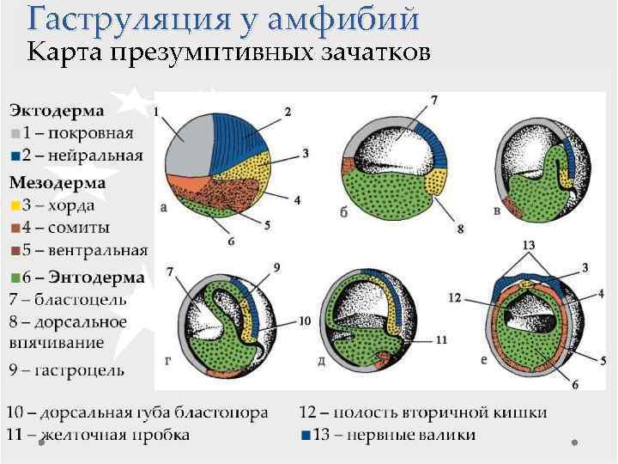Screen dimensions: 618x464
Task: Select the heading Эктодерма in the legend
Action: click(x=58, y=111)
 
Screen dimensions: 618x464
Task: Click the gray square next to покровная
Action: click(x=15, y=133)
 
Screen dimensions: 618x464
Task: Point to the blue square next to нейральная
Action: click(x=15, y=156)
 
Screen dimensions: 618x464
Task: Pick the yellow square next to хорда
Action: click(x=15, y=205)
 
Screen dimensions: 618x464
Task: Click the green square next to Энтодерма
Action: click(x=15, y=278)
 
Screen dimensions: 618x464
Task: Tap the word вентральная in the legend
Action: click(x=98, y=250)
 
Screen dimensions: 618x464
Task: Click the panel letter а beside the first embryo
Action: click(x=164, y=207)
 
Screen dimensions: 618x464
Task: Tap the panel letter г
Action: click(x=169, y=360)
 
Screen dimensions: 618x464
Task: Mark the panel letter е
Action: click(x=484, y=360)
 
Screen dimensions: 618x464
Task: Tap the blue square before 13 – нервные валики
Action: click(x=306, y=435)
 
